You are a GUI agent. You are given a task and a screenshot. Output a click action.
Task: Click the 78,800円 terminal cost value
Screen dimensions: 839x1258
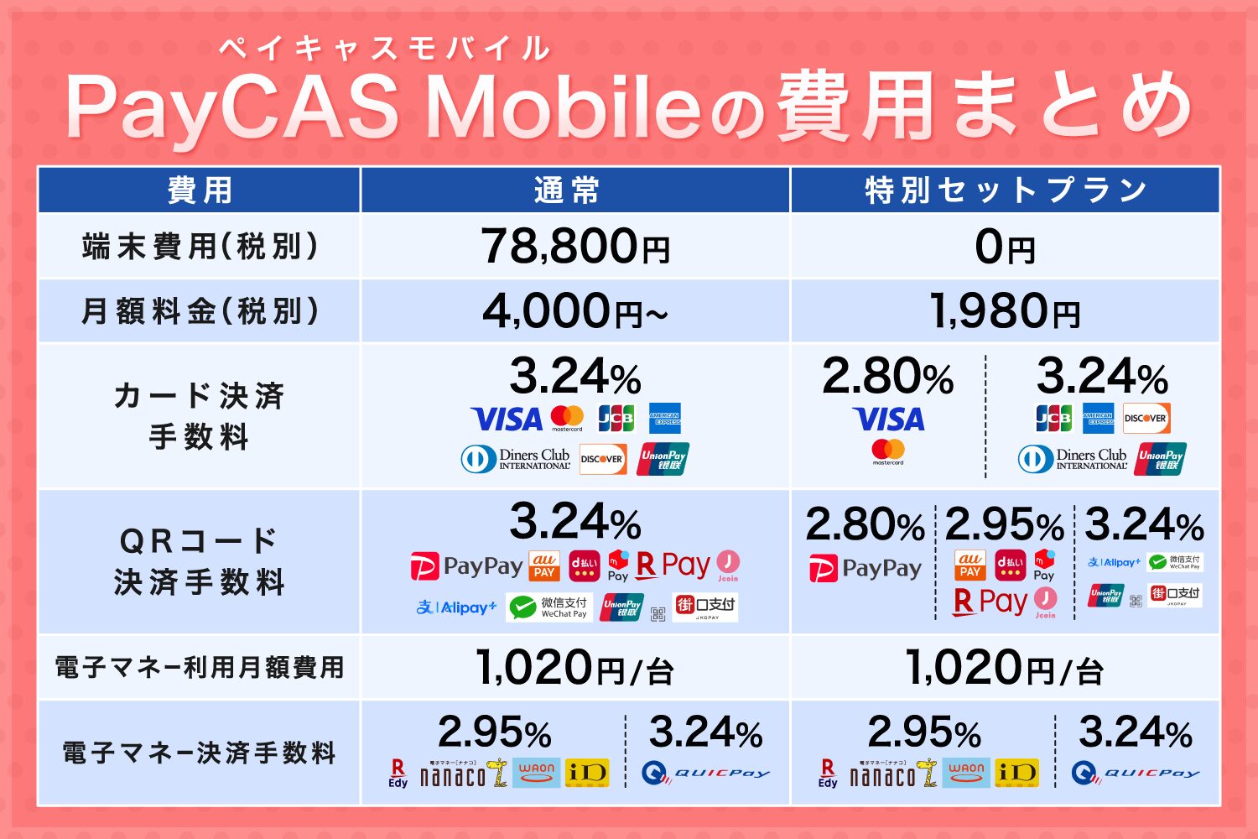point(575,247)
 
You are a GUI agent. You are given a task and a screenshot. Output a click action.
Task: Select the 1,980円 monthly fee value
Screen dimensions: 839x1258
point(1005,311)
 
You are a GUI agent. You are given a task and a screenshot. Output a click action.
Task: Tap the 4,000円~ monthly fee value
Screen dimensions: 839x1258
point(575,311)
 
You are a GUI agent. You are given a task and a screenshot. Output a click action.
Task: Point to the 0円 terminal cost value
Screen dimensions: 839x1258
point(1005,247)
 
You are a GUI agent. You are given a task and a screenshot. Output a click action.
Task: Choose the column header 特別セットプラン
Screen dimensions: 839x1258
point(1006,190)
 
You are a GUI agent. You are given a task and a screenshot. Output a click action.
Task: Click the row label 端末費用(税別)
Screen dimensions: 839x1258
point(200,247)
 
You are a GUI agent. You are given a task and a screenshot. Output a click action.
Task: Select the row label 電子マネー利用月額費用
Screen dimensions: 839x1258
point(200,667)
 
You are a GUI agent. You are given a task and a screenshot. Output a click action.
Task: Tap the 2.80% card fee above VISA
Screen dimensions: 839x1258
point(887,377)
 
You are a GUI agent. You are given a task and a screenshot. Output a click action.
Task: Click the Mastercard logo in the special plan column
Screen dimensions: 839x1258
point(888,451)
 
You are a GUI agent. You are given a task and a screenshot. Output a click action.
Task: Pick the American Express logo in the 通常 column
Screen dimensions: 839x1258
point(665,418)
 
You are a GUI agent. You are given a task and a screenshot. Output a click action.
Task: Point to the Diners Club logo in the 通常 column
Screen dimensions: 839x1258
point(515,459)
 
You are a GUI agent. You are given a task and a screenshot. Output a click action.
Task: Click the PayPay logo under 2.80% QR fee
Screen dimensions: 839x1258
point(865,568)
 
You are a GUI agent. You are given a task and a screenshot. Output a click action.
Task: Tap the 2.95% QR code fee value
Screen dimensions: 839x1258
point(1004,526)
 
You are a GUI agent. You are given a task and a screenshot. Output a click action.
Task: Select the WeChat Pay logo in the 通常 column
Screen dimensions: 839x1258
point(549,607)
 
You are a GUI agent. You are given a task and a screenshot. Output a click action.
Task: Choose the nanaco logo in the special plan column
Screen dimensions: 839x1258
point(891,774)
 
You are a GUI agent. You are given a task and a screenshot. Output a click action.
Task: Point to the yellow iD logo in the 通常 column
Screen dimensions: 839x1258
point(587,773)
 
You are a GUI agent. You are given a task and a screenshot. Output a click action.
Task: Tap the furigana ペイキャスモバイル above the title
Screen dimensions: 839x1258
point(384,49)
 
